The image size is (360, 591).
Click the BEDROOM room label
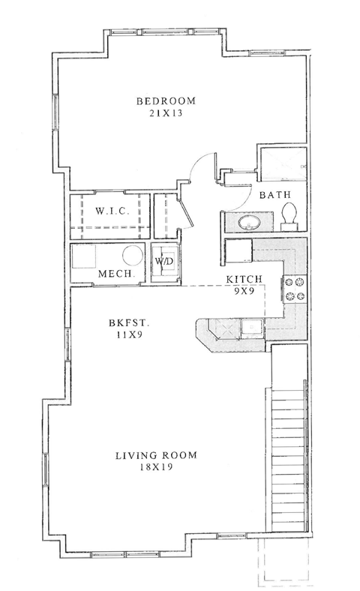click(x=165, y=101)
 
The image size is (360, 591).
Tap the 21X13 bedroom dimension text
click(x=165, y=114)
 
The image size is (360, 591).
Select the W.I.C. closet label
click(x=112, y=211)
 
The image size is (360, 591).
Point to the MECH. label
click(x=116, y=274)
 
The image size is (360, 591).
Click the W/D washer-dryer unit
click(x=164, y=262)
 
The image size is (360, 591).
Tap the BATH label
click(x=275, y=195)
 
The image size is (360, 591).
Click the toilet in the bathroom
click(x=291, y=218)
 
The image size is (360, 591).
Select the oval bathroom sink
click(x=247, y=223)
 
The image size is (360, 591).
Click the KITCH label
click(x=244, y=280)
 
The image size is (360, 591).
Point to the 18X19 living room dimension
click(x=154, y=467)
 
